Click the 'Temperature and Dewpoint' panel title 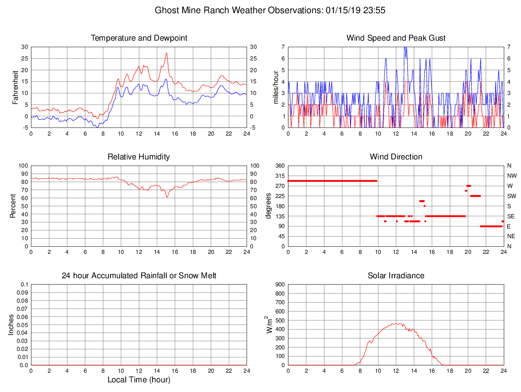[139, 38]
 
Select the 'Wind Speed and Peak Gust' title [396, 38]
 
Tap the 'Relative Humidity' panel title [139, 157]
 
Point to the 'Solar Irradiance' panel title [396, 276]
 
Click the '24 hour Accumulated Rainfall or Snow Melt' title [139, 276]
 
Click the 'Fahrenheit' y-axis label [16, 87]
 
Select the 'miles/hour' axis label [276, 87]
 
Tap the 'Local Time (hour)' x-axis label [139, 380]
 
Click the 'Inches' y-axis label [12, 324]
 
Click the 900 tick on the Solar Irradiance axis [280, 284]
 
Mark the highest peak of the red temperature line [166, 53]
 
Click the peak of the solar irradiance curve [397, 323]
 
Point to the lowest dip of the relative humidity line [167, 197]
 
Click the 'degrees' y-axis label [268, 206]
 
